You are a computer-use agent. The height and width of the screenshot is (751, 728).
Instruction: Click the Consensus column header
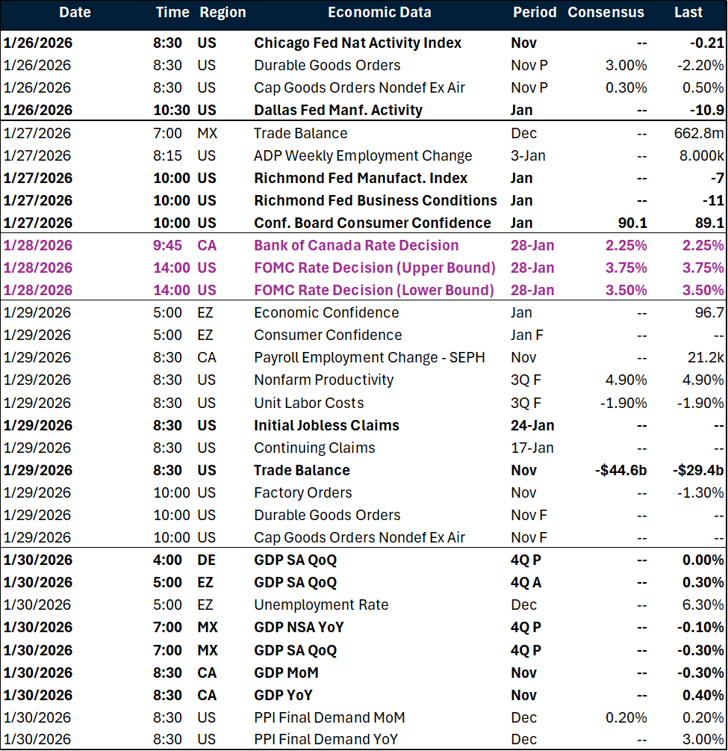[x=606, y=13]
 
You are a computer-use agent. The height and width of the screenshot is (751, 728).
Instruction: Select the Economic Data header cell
[x=379, y=13]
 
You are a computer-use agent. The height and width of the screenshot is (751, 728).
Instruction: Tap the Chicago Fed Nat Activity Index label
[x=358, y=43]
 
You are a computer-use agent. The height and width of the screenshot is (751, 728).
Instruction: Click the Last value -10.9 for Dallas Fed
[x=707, y=110]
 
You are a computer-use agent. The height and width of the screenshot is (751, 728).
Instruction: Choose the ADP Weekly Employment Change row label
[x=363, y=155]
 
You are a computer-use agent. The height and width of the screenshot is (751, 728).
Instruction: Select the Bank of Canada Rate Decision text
[x=356, y=245]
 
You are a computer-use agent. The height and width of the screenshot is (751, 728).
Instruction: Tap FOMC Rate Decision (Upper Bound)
[x=374, y=268]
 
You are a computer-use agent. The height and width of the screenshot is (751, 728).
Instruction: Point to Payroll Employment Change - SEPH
[x=369, y=357]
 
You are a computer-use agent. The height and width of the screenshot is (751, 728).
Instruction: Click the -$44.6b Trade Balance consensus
[x=618, y=470]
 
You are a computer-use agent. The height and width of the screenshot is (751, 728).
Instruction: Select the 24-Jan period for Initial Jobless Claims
[x=532, y=425]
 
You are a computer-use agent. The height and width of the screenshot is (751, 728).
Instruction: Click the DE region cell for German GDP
[x=207, y=560]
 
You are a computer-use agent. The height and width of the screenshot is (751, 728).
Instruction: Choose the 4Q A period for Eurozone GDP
[x=526, y=582]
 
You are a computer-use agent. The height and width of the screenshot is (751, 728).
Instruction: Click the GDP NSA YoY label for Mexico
[x=299, y=627]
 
